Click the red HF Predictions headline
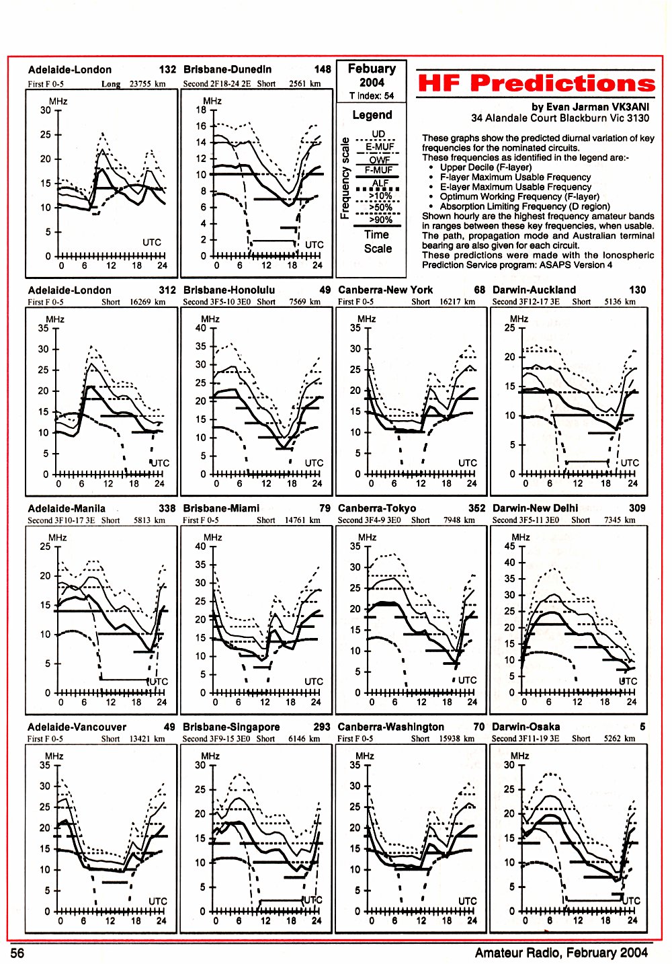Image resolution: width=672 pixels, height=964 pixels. pos(536,83)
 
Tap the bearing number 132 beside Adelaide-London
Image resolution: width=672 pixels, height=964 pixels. pos(167,69)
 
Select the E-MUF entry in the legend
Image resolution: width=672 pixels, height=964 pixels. pos(380,147)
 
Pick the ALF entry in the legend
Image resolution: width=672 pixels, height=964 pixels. pos(380,184)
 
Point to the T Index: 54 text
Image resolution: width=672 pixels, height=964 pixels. pos(372,95)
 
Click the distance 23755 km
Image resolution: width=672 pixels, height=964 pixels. pos(148,83)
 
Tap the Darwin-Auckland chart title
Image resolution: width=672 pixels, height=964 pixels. pos(534,290)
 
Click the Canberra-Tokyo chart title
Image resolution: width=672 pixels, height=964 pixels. pos(377,508)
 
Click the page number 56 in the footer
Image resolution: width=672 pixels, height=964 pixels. pos(17,953)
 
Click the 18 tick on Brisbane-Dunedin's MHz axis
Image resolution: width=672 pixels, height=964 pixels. pos(201,110)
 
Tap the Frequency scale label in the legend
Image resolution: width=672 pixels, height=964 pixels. pos(344,178)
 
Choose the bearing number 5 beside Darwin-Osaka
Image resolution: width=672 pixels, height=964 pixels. pos(642,727)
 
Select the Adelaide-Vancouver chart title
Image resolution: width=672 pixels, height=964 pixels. pos(77,727)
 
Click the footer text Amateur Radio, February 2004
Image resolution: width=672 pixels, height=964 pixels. pos(561,953)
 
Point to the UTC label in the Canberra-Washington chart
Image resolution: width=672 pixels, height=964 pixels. pos(467,901)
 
